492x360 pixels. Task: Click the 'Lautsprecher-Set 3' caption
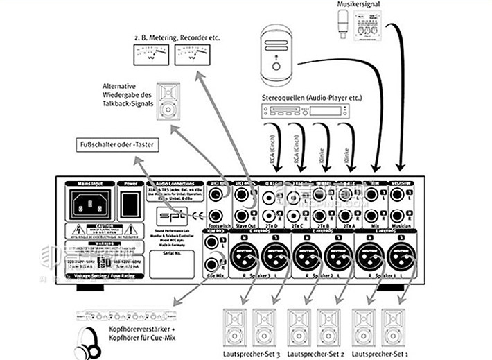coord(247,354)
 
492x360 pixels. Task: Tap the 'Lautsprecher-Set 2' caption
coord(313,354)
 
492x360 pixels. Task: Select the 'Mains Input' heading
coord(89,183)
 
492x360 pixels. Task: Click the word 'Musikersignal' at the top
coord(357,4)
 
